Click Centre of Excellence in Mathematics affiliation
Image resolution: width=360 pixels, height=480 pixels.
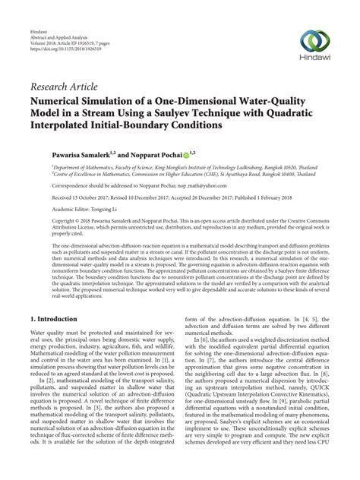click(90, 175)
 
